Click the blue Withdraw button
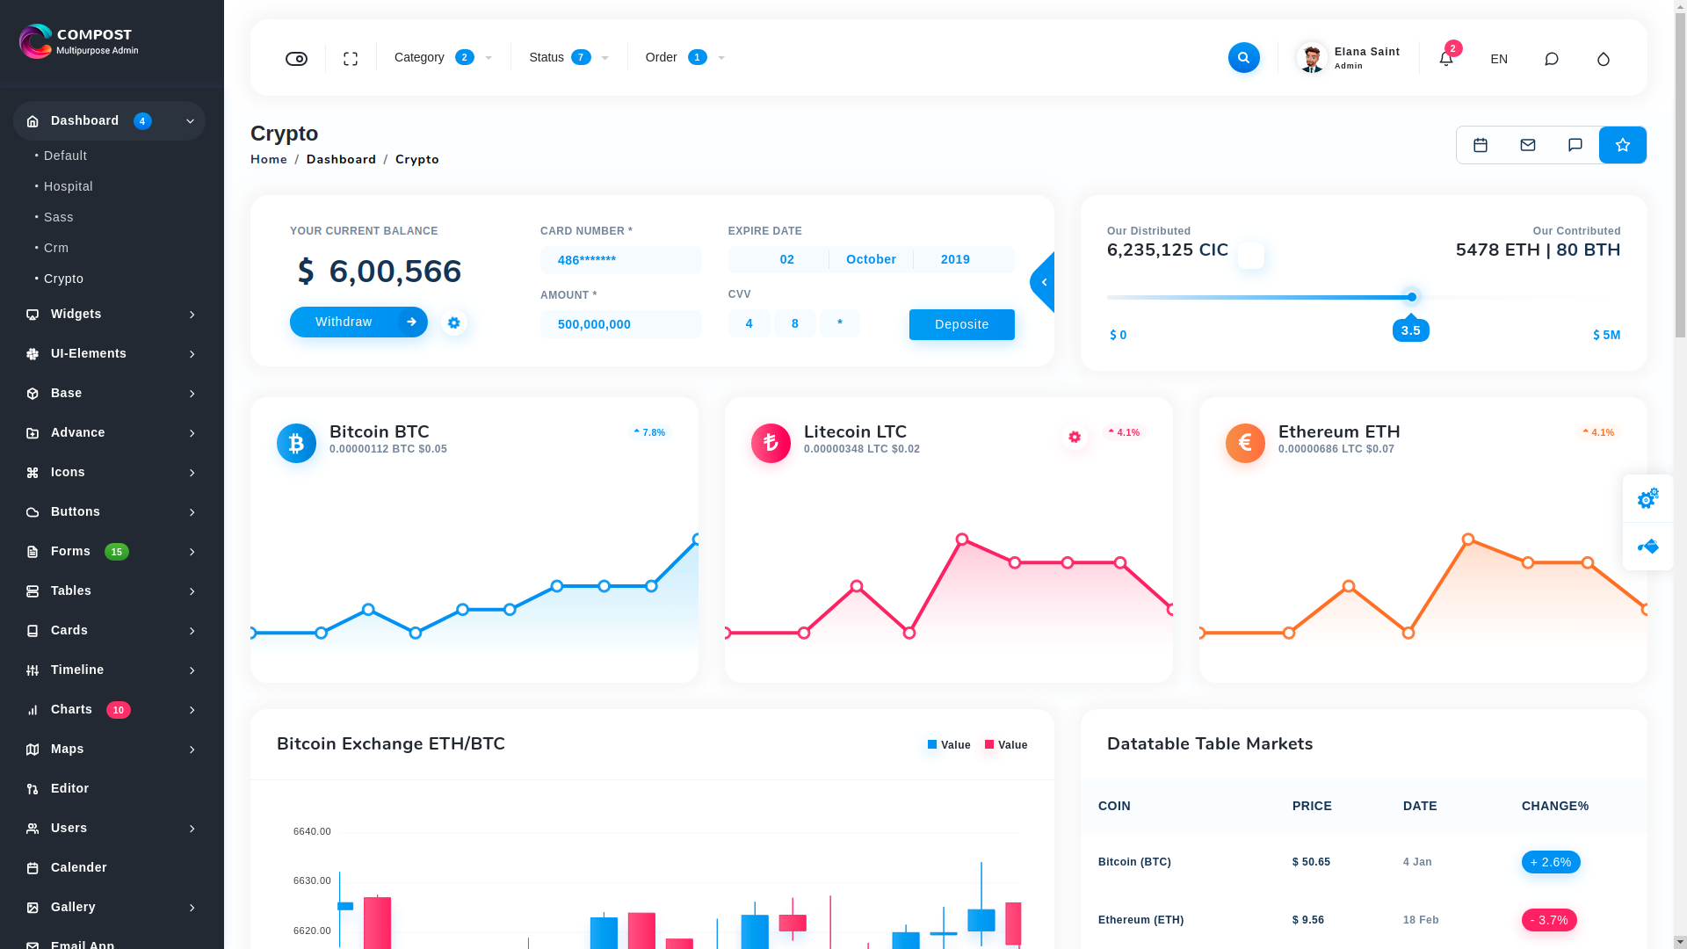pos(358,322)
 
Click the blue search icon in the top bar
pos(1243,58)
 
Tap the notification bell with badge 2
pos(1446,58)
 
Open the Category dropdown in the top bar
pos(443,58)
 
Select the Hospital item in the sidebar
pos(69,186)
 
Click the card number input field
pos(620,260)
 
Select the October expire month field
pos(871,259)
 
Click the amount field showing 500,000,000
pos(620,324)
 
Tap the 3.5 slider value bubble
pos(1411,330)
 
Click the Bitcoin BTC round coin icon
pos(296,444)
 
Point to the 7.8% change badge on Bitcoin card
pos(649,432)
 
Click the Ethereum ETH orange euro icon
pos(1245,444)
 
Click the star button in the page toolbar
pos(1622,145)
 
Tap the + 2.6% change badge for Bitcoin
pos(1551,862)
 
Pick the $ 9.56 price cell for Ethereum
pos(1308,920)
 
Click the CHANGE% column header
pos(1555,806)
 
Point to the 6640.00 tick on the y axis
pos(312,831)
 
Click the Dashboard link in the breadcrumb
pos(341,159)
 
